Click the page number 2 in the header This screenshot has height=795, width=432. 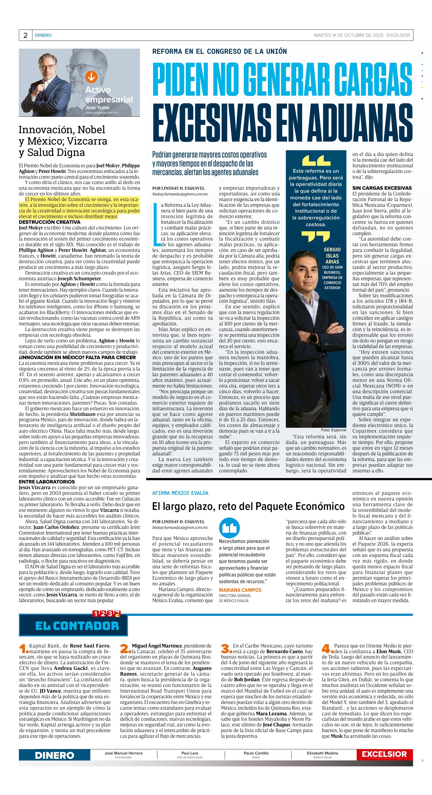[x=25, y=35]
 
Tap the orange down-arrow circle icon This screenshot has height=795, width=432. [x=91, y=77]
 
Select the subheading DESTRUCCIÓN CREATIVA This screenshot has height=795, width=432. [x=49, y=222]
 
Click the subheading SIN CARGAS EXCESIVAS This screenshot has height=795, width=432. [x=382, y=188]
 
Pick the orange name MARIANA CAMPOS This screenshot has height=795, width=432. [x=240, y=590]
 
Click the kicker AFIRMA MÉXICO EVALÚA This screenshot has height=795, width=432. [x=180, y=493]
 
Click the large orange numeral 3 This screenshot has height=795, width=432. [x=226, y=649]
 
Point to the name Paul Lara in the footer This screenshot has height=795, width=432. [x=190, y=753]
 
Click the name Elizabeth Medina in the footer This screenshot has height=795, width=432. [x=322, y=753]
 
